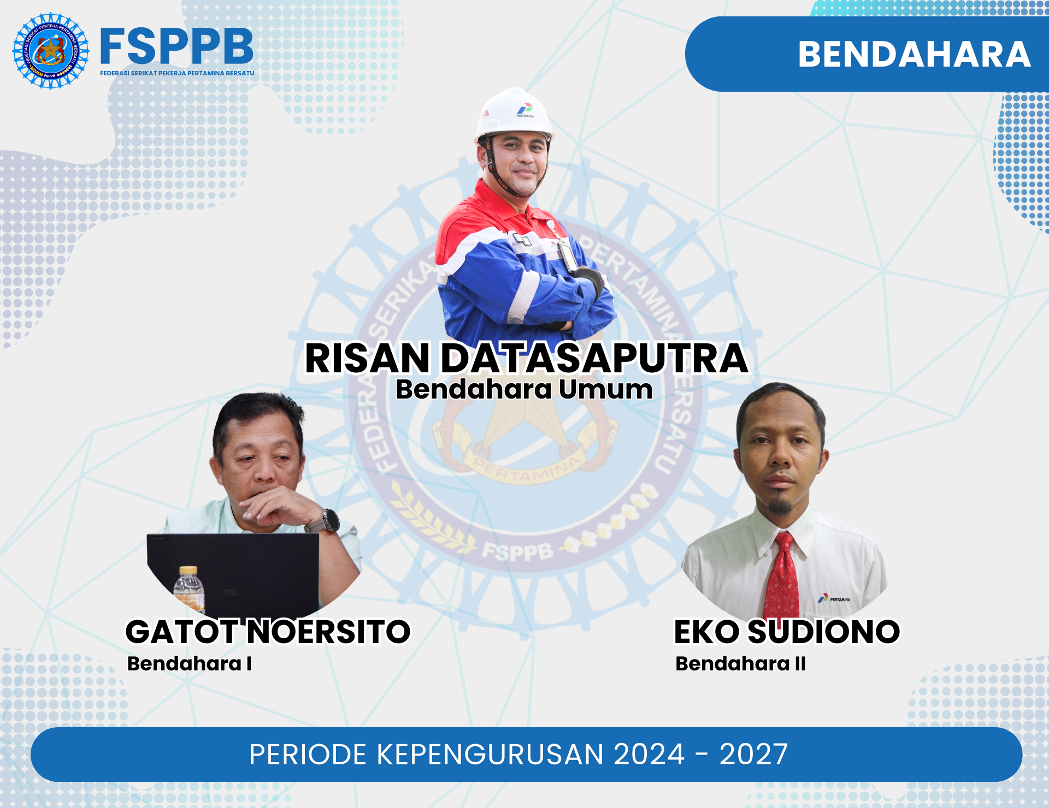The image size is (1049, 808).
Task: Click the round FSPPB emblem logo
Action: pos(51,51)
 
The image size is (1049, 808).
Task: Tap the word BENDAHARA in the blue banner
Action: pos(914,54)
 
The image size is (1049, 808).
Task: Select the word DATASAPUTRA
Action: pos(594,359)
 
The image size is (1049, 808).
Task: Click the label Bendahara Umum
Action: pos(524,390)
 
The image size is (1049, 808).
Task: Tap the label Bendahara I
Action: pos(189,664)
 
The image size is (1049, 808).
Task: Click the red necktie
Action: pos(783,579)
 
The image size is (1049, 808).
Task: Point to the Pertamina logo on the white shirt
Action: pos(834,599)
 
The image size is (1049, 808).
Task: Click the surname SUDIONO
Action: pos(823,632)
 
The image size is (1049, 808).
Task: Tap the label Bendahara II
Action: pos(740,664)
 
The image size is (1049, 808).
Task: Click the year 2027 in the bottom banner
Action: pos(753,754)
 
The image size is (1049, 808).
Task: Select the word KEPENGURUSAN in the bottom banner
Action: pos(489,754)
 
